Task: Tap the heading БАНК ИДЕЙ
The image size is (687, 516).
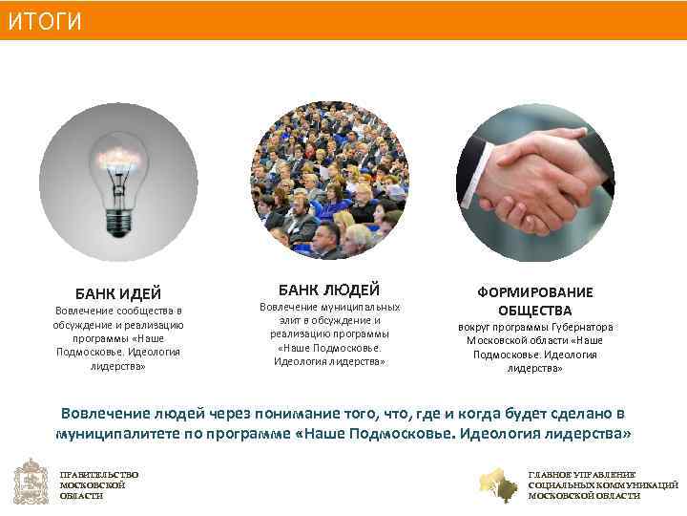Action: click(x=118, y=292)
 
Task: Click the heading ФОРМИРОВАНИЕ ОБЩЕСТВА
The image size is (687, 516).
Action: click(x=534, y=301)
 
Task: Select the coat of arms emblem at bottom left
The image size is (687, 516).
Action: click(x=31, y=483)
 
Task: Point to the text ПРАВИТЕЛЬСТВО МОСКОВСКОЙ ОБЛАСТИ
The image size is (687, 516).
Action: click(x=98, y=484)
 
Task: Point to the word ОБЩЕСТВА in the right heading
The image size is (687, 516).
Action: click(x=534, y=311)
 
